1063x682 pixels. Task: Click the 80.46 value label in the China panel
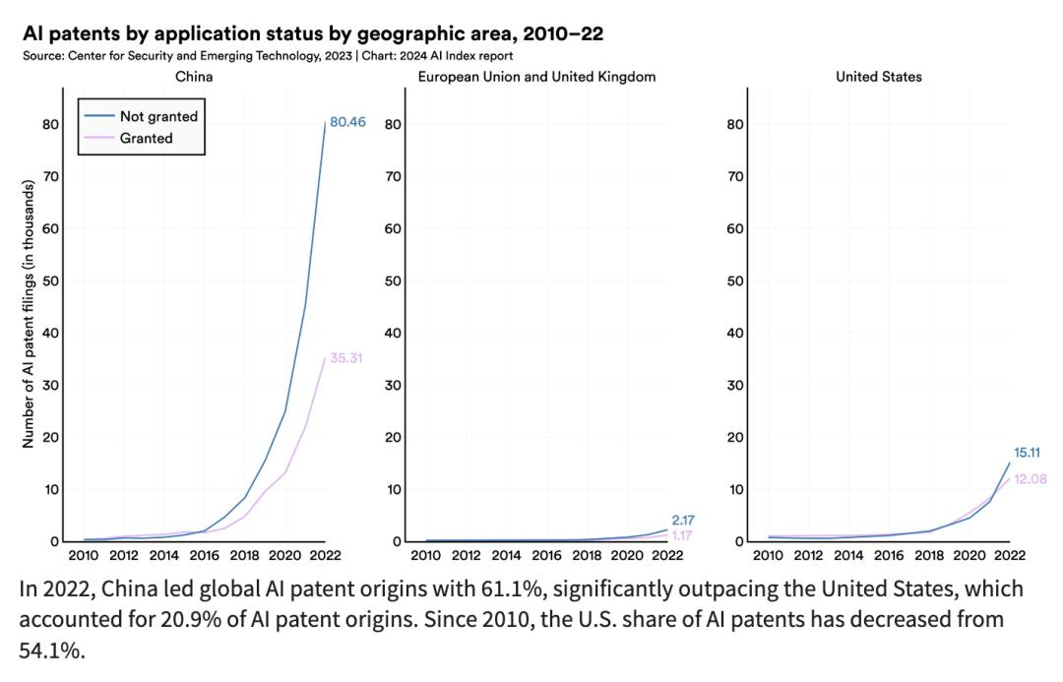347,124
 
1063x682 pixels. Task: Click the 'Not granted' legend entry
158,116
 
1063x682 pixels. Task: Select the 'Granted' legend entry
146,138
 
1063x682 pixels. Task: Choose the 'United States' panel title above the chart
879,77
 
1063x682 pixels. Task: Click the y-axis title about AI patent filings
29,314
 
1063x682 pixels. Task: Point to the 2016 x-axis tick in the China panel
204,555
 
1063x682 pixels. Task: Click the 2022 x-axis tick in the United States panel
1009,555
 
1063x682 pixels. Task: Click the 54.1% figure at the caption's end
49,651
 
